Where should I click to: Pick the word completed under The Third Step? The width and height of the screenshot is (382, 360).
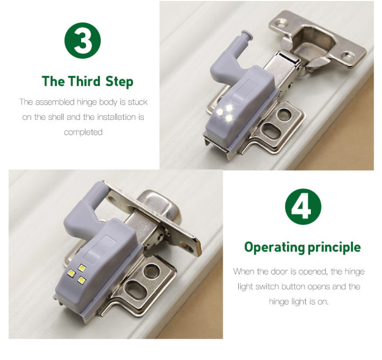tap(83, 132)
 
